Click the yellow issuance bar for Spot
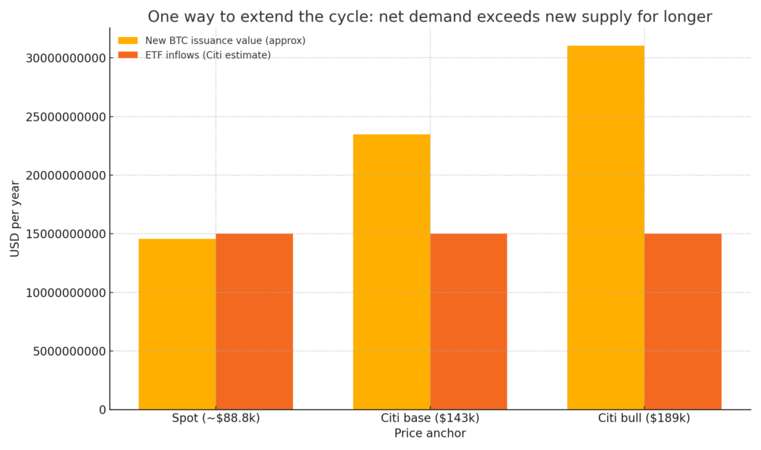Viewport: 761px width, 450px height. coord(177,324)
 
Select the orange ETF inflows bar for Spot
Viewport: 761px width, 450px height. coord(254,321)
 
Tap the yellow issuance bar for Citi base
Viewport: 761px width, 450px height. coord(392,271)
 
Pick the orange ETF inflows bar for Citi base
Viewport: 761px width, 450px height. coord(468,321)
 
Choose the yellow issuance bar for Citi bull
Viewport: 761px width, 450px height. coord(606,228)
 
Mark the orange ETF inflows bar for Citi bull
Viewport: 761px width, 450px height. coord(682,321)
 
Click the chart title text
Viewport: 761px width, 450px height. coord(430,16)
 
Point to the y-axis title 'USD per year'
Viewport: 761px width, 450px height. coord(15,219)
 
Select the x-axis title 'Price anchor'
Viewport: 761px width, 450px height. coord(430,434)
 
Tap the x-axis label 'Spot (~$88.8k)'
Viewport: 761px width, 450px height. coord(216,418)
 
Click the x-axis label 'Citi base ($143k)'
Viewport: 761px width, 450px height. coord(430,418)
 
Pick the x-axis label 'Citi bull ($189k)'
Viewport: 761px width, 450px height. coord(644,418)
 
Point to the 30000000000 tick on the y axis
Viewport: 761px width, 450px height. coord(66,58)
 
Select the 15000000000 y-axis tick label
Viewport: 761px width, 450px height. coord(66,234)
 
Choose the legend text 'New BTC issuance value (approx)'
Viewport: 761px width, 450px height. coord(225,41)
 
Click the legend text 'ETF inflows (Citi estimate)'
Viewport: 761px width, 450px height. coord(207,55)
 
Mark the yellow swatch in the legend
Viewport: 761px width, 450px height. coord(128,41)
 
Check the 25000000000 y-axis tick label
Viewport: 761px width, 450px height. coord(66,117)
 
